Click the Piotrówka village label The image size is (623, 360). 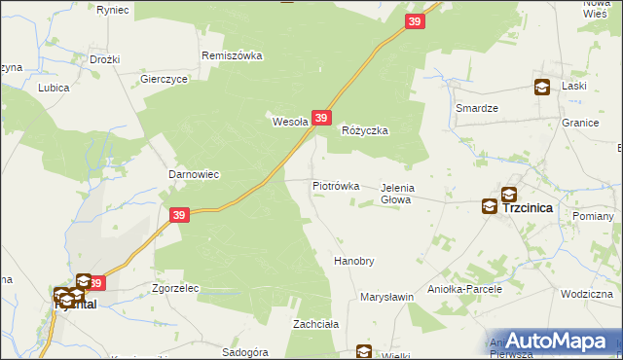(336, 185)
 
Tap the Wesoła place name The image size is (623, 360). (289, 122)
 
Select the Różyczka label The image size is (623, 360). (365, 129)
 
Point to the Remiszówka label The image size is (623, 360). (232, 55)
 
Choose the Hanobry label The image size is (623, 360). (354, 262)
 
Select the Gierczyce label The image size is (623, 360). (164, 80)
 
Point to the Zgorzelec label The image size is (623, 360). (175, 288)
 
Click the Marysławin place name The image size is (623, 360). (387, 296)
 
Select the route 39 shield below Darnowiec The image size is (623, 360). (178, 215)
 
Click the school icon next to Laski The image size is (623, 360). (541, 88)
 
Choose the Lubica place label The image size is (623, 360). (54, 87)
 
